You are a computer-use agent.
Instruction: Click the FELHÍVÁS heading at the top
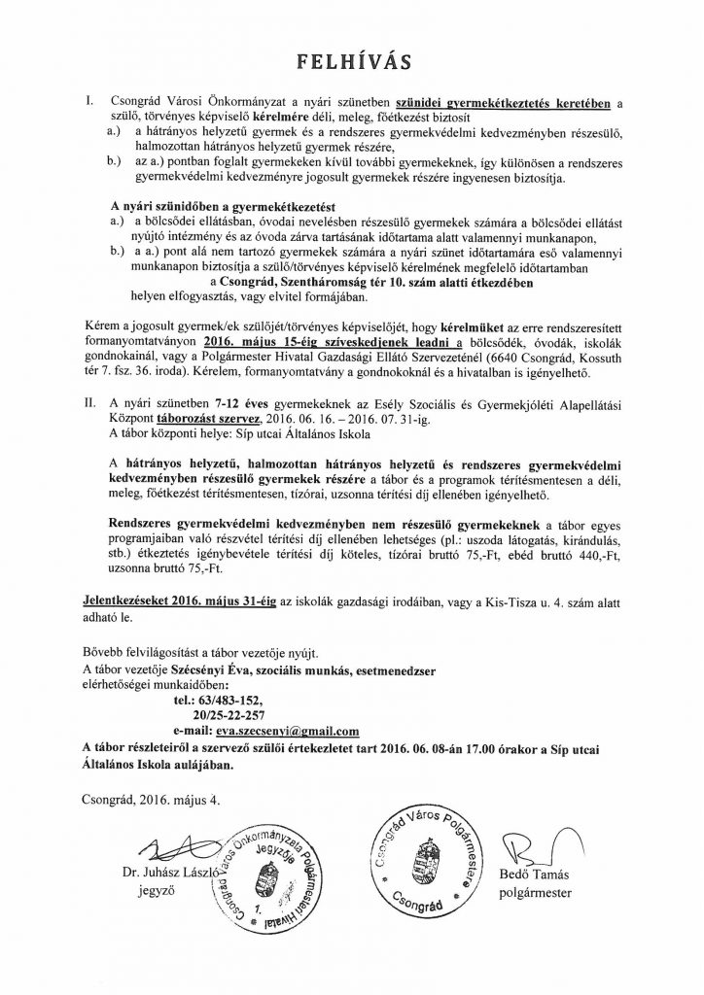352,62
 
